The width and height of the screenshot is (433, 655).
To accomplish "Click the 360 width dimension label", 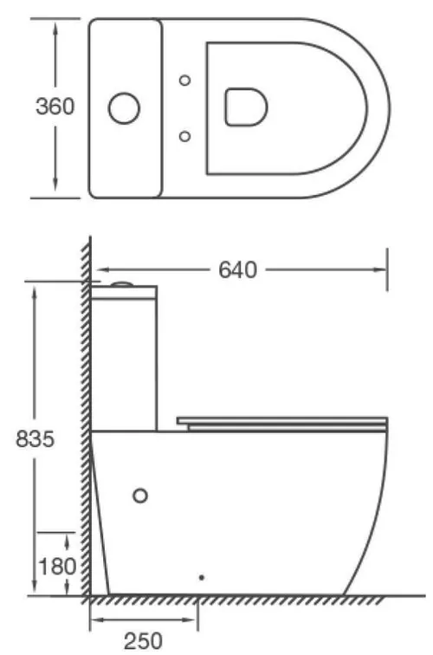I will click(x=55, y=107).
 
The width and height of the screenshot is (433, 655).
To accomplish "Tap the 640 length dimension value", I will click(x=237, y=270).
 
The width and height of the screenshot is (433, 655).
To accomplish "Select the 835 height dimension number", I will click(x=36, y=439).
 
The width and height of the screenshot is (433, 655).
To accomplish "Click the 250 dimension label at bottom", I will click(x=142, y=641).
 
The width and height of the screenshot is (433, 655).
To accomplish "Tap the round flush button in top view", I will click(x=124, y=107).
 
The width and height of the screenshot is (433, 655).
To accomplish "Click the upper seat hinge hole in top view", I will click(x=184, y=81).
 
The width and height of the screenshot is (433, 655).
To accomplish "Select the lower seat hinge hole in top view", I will click(x=184, y=135).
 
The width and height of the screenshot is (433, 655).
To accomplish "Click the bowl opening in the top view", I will click(x=245, y=107).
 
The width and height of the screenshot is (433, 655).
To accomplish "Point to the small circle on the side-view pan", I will click(x=140, y=495).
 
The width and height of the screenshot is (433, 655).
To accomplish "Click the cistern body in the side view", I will click(x=126, y=360).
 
